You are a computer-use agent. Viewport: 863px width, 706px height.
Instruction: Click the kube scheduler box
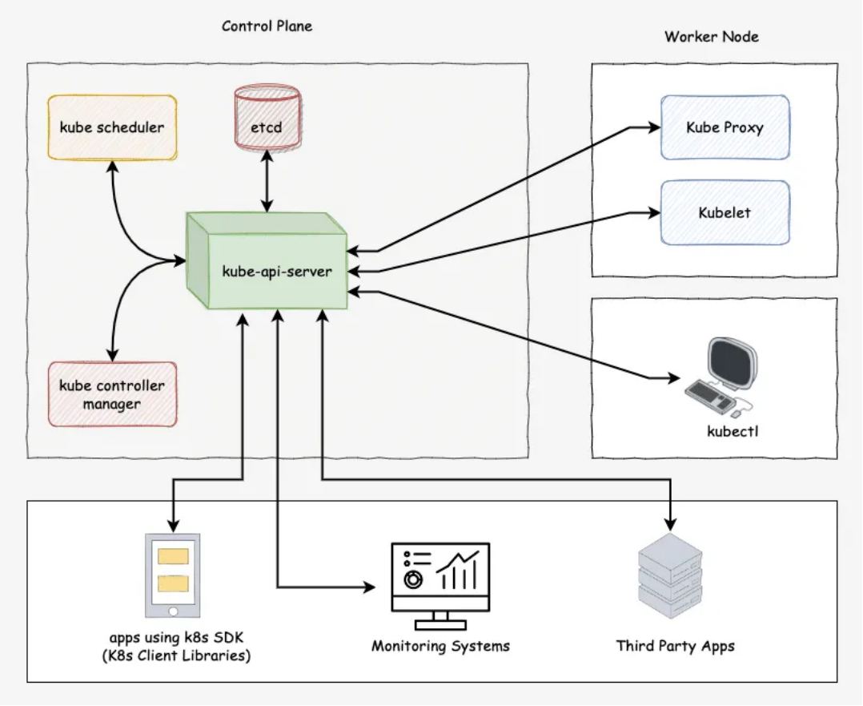[112, 127]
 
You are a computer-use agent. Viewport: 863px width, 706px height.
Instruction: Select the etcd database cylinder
[267, 117]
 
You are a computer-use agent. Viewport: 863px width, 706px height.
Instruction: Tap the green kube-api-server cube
[267, 260]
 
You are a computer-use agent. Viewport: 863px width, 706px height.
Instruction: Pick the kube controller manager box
[112, 394]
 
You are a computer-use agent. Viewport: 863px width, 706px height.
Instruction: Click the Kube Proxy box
[725, 127]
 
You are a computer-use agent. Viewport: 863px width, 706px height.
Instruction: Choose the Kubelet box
[725, 212]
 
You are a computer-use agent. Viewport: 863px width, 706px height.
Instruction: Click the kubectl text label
[733, 431]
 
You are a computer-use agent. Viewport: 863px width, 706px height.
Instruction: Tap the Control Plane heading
[267, 26]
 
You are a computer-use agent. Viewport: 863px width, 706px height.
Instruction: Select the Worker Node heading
[712, 36]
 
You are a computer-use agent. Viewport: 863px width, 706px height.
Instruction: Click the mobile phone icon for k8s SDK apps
[173, 575]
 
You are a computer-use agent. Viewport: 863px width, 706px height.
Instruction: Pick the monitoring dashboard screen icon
[440, 586]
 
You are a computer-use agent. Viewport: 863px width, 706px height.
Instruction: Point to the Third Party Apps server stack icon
[670, 575]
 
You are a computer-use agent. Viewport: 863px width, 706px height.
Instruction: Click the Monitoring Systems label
[441, 646]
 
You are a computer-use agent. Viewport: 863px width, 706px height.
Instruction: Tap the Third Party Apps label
[676, 646]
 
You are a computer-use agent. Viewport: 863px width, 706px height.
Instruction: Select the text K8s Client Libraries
[176, 656]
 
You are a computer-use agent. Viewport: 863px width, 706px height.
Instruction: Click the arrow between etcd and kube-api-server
[267, 181]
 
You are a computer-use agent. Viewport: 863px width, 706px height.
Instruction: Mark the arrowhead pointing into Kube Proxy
[654, 127]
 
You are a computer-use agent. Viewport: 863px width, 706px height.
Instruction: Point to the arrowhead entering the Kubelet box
[654, 212]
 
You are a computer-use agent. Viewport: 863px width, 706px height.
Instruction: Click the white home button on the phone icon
[173, 611]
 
